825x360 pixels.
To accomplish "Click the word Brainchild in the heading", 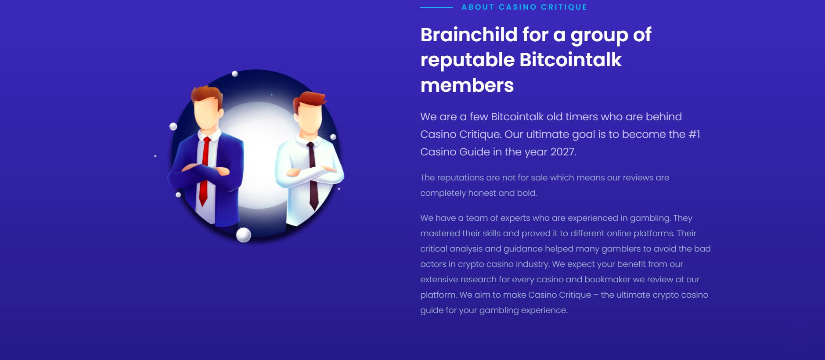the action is (469, 35).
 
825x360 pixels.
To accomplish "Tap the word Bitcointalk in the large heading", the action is (570, 60).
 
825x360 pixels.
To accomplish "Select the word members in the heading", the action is (467, 85).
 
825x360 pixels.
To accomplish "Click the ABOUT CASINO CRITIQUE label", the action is (524, 7).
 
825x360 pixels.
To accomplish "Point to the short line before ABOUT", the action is (436, 7).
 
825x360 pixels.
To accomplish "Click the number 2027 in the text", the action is (563, 152).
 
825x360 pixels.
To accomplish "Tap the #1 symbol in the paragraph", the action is (694, 134).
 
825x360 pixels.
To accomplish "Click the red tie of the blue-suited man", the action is (204, 171).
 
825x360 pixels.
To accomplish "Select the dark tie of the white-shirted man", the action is (312, 176).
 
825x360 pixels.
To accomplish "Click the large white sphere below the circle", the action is (244, 235).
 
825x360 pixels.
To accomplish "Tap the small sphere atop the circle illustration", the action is (235, 74).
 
